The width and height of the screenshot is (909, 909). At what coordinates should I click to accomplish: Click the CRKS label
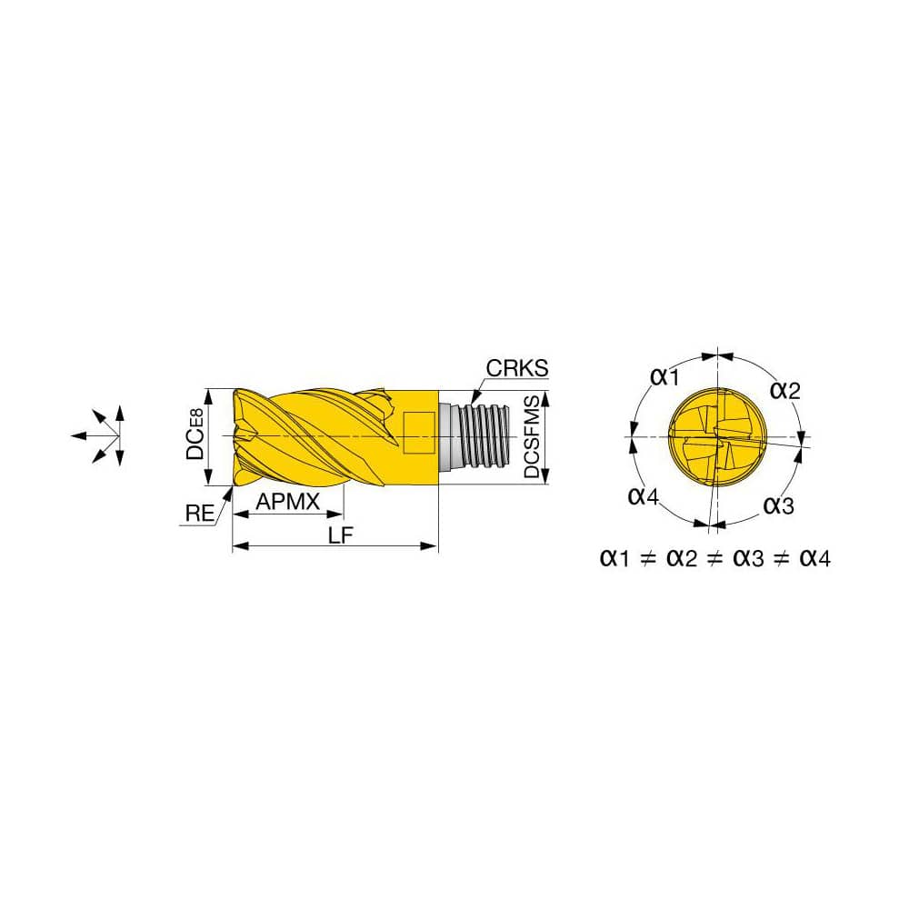click(517, 368)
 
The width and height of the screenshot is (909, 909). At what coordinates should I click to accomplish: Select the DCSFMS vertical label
click(532, 437)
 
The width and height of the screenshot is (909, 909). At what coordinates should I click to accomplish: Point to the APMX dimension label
click(287, 501)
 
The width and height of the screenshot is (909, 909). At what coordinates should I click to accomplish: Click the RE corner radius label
click(199, 514)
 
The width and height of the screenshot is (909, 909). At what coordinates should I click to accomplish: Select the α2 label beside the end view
click(785, 390)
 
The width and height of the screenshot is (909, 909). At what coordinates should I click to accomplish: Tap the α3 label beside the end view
click(778, 505)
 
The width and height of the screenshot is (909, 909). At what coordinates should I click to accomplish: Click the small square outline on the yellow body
click(418, 427)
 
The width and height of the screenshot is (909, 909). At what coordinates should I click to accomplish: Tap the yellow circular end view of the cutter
click(716, 436)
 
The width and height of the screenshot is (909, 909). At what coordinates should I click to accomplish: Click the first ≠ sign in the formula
click(647, 558)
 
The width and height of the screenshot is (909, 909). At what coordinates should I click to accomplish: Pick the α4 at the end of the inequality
click(814, 558)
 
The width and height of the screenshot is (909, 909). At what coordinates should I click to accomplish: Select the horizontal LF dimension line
click(335, 547)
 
